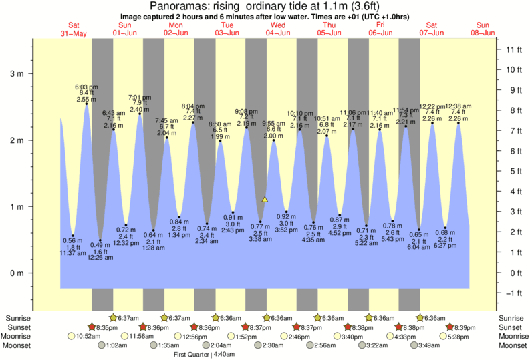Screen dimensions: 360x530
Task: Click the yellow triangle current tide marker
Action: (265, 199)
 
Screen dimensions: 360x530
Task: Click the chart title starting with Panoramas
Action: (265, 6)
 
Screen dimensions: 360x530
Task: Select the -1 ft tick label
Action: (513, 293)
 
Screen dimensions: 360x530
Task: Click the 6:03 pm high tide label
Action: (86, 87)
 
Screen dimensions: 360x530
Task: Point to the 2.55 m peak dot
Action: (86, 104)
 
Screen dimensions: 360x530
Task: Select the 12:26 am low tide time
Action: (100, 258)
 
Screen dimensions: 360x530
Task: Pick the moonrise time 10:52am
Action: (89, 337)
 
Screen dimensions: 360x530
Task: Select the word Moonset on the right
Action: (513, 345)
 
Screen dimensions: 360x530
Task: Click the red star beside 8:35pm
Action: (94, 327)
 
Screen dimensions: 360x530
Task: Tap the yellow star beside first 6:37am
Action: (113, 318)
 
